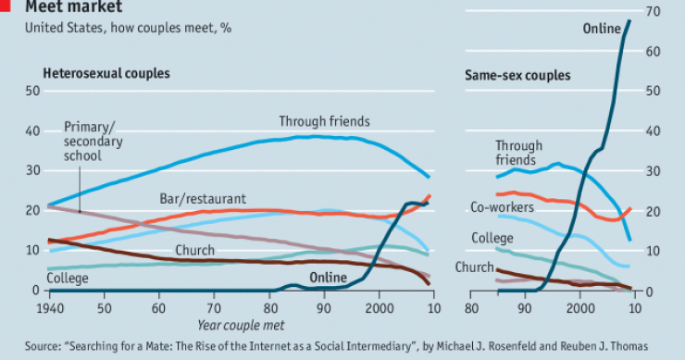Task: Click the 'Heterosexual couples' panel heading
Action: coord(106,72)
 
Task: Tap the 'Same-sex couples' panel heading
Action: coord(517,75)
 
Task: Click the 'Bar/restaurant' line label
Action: coord(203,198)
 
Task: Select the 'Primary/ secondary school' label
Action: coord(93,143)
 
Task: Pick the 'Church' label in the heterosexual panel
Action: coord(194,250)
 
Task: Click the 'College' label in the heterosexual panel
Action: coord(68,278)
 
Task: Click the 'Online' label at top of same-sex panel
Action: coord(602,29)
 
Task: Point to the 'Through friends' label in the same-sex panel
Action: coord(518,153)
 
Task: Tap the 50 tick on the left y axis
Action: coord(32,91)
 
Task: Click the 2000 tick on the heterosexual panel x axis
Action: coord(378,306)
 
